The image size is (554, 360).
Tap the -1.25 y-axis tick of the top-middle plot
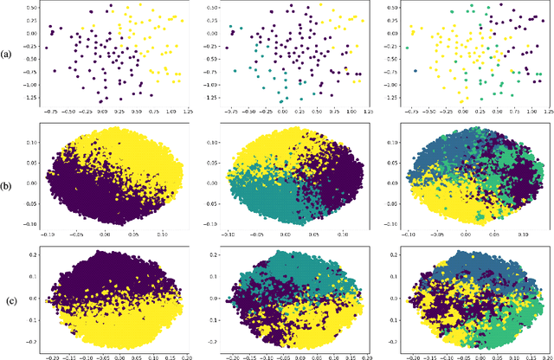click(x=210, y=98)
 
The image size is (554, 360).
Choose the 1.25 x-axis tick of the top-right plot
click(x=542, y=112)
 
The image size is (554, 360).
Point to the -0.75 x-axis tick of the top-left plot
click(x=52, y=112)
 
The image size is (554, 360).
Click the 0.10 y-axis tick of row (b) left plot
click(x=31, y=137)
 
